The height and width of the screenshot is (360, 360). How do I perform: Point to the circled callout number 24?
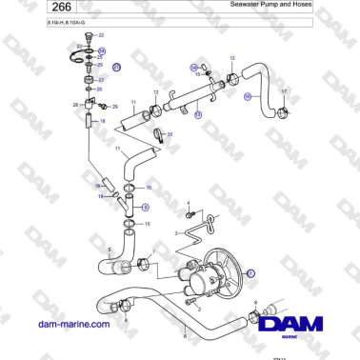pos(102,50)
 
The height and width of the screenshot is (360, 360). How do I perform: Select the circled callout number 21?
pos(117,69)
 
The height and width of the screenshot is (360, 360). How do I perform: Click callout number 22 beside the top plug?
pos(79,45)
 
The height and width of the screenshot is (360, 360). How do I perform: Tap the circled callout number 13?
pos(198,114)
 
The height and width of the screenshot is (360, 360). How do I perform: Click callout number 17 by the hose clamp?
pos(283,90)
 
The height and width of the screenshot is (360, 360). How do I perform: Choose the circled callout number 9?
pos(145,206)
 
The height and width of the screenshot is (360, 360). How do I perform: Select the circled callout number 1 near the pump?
pos(251,272)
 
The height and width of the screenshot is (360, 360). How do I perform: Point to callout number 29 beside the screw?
pos(114,107)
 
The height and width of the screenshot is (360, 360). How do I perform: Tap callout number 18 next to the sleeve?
pos(91,122)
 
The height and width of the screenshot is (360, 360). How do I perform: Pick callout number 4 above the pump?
pos(188,202)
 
